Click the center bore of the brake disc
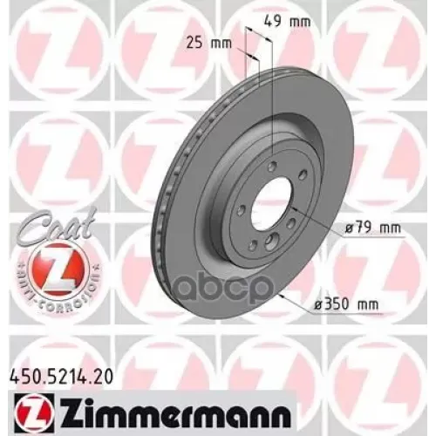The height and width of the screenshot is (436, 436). [275, 207]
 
